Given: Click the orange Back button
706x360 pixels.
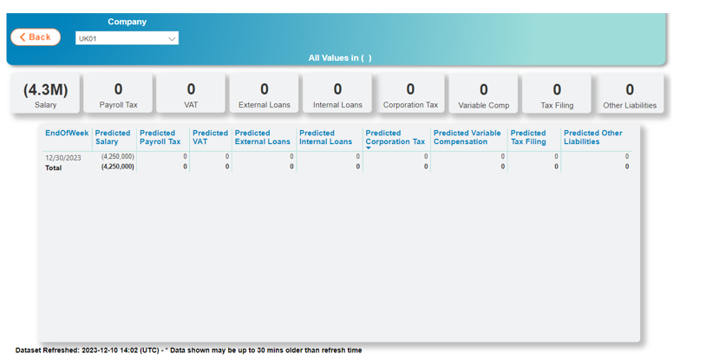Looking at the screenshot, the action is click(36, 37).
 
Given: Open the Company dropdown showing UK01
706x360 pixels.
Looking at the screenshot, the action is click(127, 38).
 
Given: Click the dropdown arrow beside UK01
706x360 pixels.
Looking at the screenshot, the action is click(172, 39).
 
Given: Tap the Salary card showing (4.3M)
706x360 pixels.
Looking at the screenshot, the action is click(45, 94).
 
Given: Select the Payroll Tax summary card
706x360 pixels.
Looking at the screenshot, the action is click(119, 94).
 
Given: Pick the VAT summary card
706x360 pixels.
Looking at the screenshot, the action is click(191, 94).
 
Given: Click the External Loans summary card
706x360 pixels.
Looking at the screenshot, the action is click(265, 94).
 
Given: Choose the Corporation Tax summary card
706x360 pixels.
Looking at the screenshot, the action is click(410, 94).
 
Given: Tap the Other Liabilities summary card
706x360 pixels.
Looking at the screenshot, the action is click(630, 94).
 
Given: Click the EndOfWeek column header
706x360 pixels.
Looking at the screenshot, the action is click(67, 133).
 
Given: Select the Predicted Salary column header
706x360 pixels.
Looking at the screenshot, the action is click(113, 137).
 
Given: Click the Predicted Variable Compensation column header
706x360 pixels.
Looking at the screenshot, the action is click(467, 137).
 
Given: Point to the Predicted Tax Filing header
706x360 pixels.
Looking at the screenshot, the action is click(528, 137).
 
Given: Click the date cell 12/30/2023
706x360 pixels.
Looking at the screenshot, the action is click(63, 158).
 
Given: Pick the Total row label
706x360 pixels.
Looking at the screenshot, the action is click(54, 167).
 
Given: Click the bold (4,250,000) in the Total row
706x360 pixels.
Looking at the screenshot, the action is click(117, 167).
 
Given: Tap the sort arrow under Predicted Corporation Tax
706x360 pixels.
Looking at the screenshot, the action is click(369, 147).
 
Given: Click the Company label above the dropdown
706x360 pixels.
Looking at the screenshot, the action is click(127, 22).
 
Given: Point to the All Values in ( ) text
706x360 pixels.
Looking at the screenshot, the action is click(340, 57).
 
